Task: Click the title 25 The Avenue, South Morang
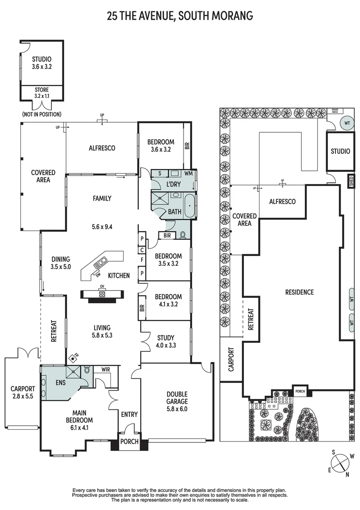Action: [180, 15]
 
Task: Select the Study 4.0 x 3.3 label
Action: [166, 341]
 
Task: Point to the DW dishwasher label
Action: [98, 275]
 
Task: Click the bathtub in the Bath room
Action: [190, 206]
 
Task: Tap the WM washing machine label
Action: [188, 173]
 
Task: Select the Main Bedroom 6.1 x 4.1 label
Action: [79, 420]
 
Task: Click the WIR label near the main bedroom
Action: [105, 369]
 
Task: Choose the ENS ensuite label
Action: [60, 382]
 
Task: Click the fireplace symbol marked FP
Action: [73, 358]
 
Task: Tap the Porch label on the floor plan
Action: [129, 442]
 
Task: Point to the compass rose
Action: [339, 463]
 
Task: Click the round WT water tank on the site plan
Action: [347, 123]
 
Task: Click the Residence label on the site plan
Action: [300, 292]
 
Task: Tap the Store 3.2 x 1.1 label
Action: [42, 93]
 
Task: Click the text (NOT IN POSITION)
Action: [42, 114]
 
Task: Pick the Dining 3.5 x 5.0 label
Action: [61, 263]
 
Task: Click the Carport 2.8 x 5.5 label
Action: [23, 392]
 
